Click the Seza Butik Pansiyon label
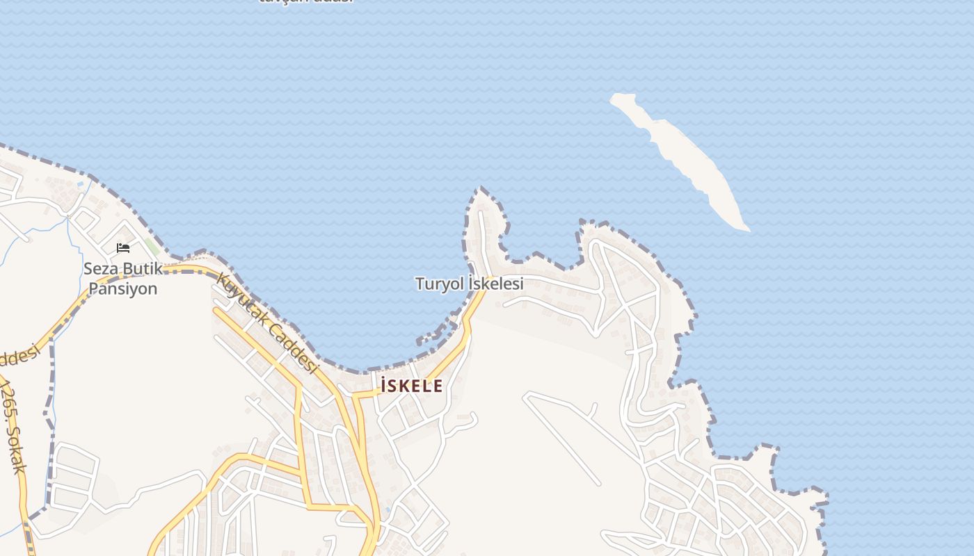click(122, 278)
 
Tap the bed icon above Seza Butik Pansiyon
click(123, 248)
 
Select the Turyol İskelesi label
click(469, 284)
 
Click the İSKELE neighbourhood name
click(410, 386)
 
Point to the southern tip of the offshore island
click(745, 229)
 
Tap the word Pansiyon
click(122, 288)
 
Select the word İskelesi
click(495, 284)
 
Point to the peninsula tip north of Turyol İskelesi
click(481, 189)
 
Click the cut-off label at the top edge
click(306, 2)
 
